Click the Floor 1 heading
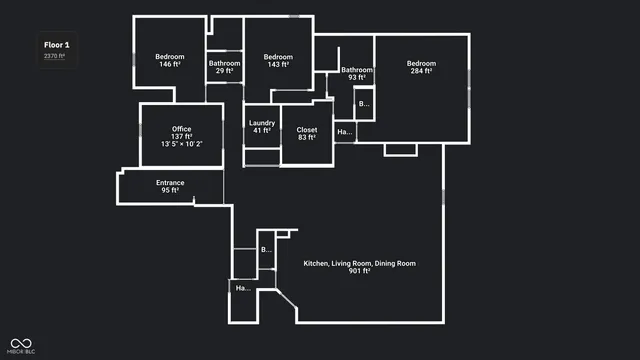pyautogui.click(x=55, y=44)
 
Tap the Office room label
pyautogui.click(x=181, y=129)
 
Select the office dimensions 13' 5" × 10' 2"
pyautogui.click(x=181, y=144)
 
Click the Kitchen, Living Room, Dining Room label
pyautogui.click(x=359, y=263)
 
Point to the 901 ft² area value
pyautogui.click(x=359, y=271)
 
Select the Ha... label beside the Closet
pyautogui.click(x=344, y=132)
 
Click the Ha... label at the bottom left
pyautogui.click(x=242, y=288)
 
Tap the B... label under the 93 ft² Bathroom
pyautogui.click(x=364, y=103)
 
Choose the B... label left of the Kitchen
pyautogui.click(x=266, y=249)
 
